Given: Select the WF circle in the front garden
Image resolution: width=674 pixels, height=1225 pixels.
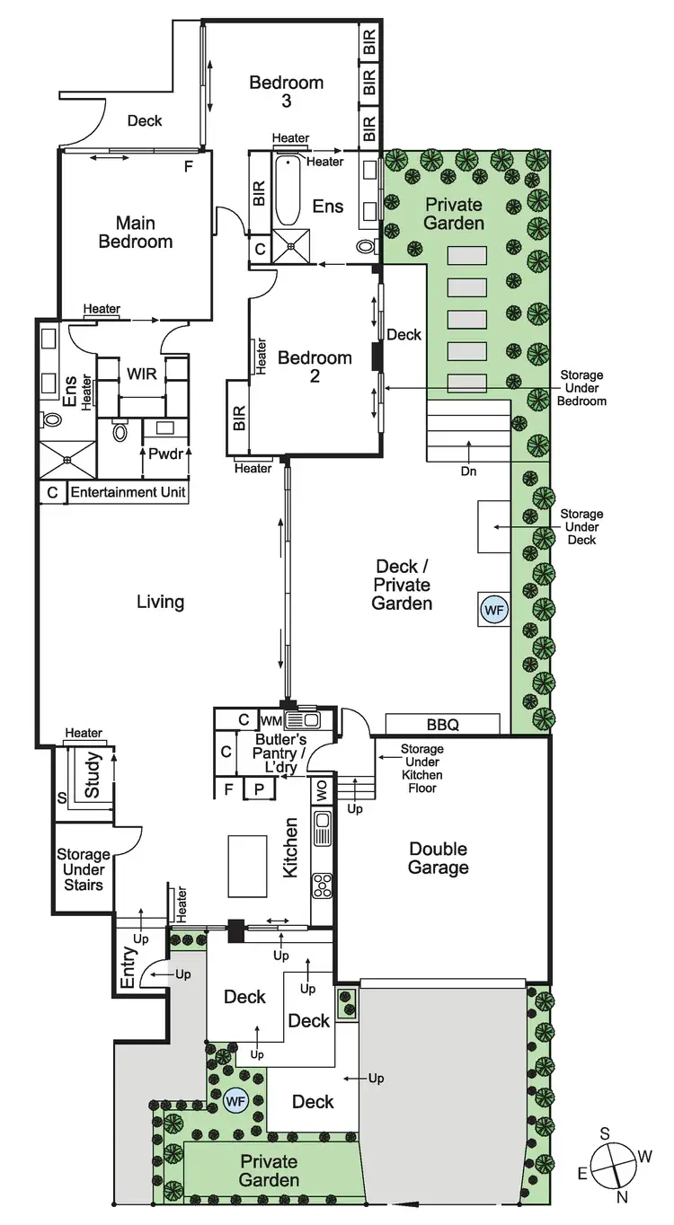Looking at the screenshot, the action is coord(236,1099).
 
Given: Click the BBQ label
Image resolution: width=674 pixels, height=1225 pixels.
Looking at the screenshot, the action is coord(442,724).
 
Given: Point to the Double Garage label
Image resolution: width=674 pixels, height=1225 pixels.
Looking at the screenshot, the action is coord(439,858).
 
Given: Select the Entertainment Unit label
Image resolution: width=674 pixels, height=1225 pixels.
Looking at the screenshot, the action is coord(128,492).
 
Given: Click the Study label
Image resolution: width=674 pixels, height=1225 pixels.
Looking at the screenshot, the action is coord(93,775).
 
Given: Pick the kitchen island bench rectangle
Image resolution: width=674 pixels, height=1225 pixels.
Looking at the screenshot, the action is coord(247,865).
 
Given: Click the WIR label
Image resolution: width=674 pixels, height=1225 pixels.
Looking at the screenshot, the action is coord(142,374).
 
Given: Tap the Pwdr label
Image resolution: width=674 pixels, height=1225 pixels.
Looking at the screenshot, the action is coord(165,454).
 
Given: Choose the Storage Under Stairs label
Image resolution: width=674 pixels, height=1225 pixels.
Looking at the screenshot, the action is coord(83,869).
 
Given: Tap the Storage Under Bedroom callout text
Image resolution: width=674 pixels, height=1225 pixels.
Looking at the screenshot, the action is coord(583,388).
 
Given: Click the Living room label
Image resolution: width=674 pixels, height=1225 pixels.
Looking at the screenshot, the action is coord(161,602).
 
